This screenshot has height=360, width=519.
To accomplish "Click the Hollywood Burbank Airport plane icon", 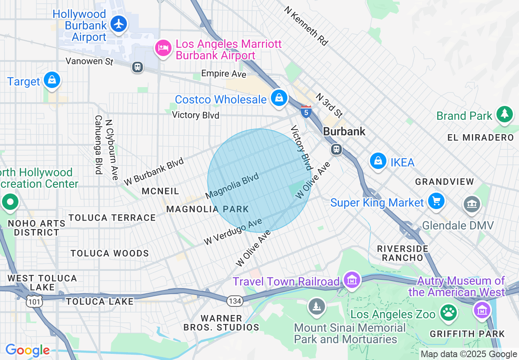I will tap(119, 24).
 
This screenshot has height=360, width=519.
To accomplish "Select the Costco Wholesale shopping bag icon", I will tap(279, 98).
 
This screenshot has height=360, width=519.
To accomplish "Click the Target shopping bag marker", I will tap(52, 80).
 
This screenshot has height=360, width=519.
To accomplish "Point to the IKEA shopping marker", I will tap(379, 161).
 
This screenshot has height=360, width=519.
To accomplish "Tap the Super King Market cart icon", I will tap(436, 201).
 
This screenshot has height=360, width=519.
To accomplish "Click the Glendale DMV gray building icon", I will tap(472, 203).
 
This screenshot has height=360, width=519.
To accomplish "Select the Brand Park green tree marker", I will tap(504, 114).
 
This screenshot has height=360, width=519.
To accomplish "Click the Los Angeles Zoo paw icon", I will tap(449, 313).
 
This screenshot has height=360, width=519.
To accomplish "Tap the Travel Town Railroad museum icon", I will tap(352, 280).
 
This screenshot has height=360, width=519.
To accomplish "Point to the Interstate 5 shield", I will tap(306, 111).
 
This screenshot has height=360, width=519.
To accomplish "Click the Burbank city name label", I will tap(344, 131).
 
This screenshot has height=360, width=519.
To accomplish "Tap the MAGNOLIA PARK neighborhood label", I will tap(208, 209).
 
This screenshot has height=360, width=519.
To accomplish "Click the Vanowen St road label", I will tap(89, 61).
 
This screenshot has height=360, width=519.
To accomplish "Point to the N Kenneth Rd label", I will tap(306, 25).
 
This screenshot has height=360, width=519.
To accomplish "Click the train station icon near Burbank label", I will tap(336, 149).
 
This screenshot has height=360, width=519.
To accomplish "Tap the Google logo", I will tap(27, 350).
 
